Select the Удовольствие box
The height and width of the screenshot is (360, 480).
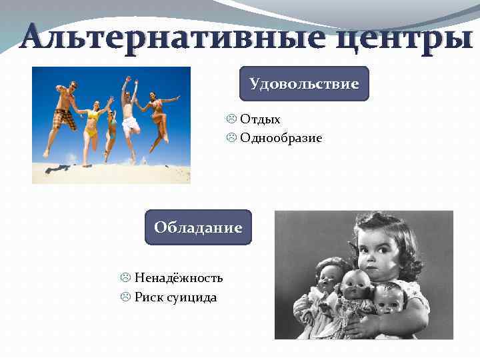pyautogui.click(x=304, y=84)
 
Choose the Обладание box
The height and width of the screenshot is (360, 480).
pyautogui.click(x=198, y=227)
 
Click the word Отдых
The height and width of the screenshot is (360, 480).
pyautogui.click(x=260, y=119)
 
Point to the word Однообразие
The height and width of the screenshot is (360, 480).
pyautogui.click(x=281, y=138)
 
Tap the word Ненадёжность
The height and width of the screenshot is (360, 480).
pyautogui.click(x=179, y=278)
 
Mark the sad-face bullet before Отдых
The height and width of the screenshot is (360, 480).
pyautogui.click(x=231, y=119)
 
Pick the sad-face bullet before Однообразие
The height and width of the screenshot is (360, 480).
pyautogui.click(x=231, y=138)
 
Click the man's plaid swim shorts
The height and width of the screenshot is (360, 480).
pyautogui.click(x=65, y=119)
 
